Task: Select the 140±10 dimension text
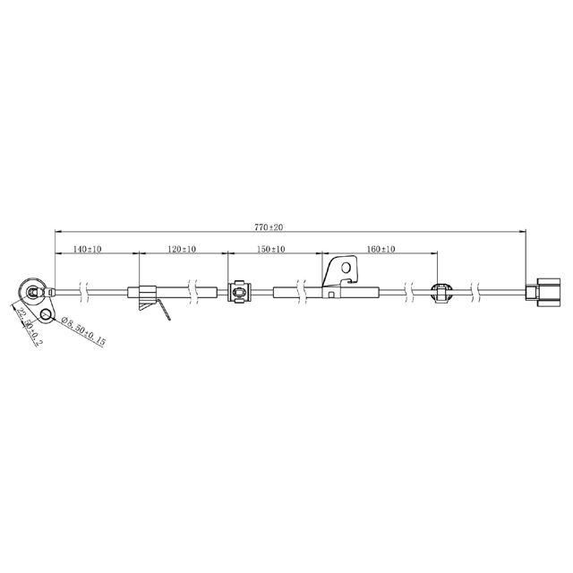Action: pos(87,249)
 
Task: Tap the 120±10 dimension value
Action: pos(183,249)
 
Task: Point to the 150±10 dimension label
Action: pos(271,249)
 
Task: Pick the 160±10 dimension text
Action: pos(381,249)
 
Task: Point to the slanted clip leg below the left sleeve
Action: pos(165,310)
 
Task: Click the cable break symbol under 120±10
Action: pos(192,291)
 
